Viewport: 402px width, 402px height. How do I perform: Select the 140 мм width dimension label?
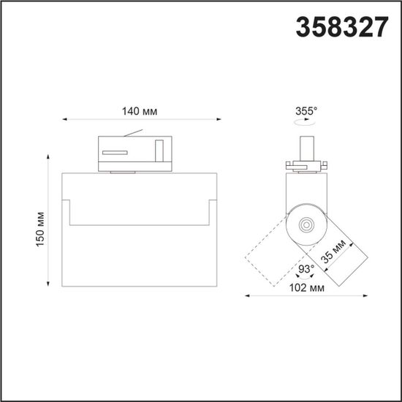pos(140,111)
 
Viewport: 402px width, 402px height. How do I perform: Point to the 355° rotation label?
pos(307,112)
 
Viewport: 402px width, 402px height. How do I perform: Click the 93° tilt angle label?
pos(306,269)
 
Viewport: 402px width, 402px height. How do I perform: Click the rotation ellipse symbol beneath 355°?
pos(306,125)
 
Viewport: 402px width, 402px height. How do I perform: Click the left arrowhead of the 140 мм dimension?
pos(65,118)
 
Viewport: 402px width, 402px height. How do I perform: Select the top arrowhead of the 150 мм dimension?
pos(50,156)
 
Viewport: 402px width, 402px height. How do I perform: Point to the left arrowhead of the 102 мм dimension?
pos(246,296)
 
